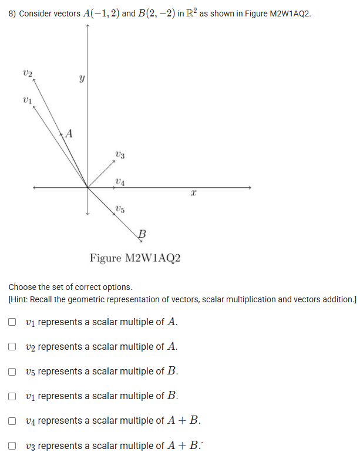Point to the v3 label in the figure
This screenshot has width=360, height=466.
[119, 156]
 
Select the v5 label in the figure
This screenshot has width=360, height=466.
[120, 208]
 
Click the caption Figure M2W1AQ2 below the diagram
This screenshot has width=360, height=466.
[134, 258]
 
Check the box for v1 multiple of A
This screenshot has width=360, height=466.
[12, 322]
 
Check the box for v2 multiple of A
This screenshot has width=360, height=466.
[12, 346]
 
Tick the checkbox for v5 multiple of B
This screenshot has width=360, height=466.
[12, 371]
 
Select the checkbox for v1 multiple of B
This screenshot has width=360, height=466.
[12, 396]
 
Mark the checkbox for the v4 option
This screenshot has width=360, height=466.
[12, 420]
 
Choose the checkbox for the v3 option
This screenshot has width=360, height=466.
[12, 445]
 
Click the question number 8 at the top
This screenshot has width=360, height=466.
[12, 13]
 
